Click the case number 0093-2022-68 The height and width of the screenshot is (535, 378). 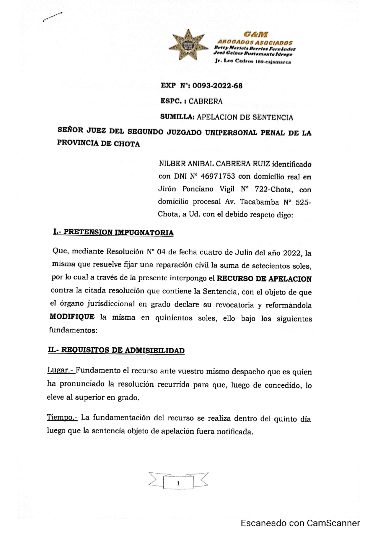pyautogui.click(x=217, y=86)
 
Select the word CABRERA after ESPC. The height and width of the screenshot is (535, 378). pyautogui.click(x=206, y=101)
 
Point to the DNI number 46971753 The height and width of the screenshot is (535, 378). pyautogui.click(x=218, y=176)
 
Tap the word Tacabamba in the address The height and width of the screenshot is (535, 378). pyautogui.click(x=259, y=202)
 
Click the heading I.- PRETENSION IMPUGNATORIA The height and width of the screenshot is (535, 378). pyautogui.click(x=113, y=232)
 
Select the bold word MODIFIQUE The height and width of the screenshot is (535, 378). pyautogui.click(x=72, y=317)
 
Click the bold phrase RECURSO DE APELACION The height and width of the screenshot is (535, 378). pyautogui.click(x=264, y=279)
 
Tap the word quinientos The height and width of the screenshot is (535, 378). pyautogui.click(x=174, y=318)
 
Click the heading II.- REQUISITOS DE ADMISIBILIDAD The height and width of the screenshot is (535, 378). pyautogui.click(x=116, y=350)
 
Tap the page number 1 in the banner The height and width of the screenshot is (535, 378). pyautogui.click(x=178, y=484)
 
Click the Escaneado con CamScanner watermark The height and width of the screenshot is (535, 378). pyautogui.click(x=300, y=523)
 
